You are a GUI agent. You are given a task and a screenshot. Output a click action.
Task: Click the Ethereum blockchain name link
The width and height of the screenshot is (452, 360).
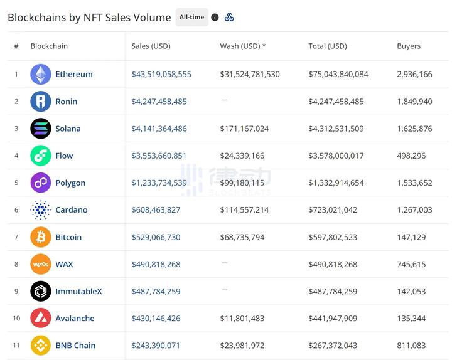pos(73,74)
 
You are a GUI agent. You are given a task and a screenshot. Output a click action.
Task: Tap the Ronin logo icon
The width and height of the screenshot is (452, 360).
pos(41,102)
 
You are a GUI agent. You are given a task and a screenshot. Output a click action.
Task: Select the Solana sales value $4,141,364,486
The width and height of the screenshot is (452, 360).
pos(159,129)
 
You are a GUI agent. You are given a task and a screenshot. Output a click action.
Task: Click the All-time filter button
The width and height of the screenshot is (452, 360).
pos(191,18)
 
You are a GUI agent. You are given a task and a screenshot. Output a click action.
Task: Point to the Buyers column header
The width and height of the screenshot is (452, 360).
pos(409,46)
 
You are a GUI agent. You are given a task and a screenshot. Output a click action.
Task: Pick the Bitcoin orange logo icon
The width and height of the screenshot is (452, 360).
pos(41,237)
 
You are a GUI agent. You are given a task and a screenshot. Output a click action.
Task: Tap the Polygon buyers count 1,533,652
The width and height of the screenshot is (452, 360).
pos(414,183)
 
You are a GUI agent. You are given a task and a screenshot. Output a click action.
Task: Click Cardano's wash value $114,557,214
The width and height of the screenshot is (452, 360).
pos(244,210)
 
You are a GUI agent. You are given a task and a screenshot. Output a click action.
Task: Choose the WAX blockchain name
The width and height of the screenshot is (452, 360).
pos(64,264)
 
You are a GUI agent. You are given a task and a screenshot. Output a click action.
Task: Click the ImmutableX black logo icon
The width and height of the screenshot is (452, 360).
pos(41,291)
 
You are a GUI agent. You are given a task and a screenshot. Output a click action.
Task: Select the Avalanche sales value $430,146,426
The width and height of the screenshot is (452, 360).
pos(156,319)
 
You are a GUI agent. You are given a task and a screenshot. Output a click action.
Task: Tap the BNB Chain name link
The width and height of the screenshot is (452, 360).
pos(75,346)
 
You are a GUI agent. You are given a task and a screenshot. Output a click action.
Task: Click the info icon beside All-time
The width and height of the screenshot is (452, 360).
pos(215,18)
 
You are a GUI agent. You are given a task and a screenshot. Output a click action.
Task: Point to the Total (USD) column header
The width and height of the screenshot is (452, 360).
pos(327,46)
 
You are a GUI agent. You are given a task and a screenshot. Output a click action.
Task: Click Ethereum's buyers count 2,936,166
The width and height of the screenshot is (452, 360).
pos(414,74)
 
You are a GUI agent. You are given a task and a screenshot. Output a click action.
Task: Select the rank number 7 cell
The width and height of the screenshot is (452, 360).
pos(16,237)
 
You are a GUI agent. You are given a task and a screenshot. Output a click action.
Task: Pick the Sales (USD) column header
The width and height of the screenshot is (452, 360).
pos(151,46)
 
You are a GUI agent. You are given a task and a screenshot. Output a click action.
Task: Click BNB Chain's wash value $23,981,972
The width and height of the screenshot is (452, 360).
pos(242,346)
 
